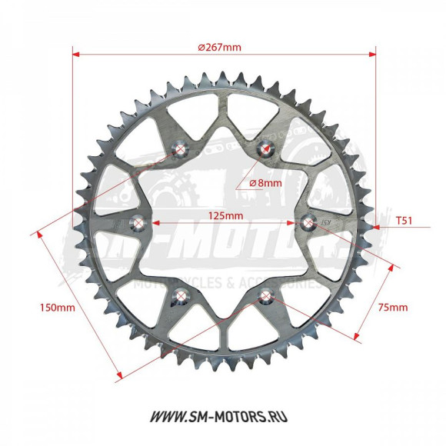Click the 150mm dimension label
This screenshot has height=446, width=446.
coord(57,308)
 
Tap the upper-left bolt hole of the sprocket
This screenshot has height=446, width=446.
coord(181,149)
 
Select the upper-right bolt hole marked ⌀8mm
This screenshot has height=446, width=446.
coord(266,149)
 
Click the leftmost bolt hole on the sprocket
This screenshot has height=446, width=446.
coord(138,223)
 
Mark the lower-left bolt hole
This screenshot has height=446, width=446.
coord(181,295)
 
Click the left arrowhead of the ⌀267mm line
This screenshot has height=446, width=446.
coord(76,55)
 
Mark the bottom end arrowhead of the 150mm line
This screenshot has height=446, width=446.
coord(119,377)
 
